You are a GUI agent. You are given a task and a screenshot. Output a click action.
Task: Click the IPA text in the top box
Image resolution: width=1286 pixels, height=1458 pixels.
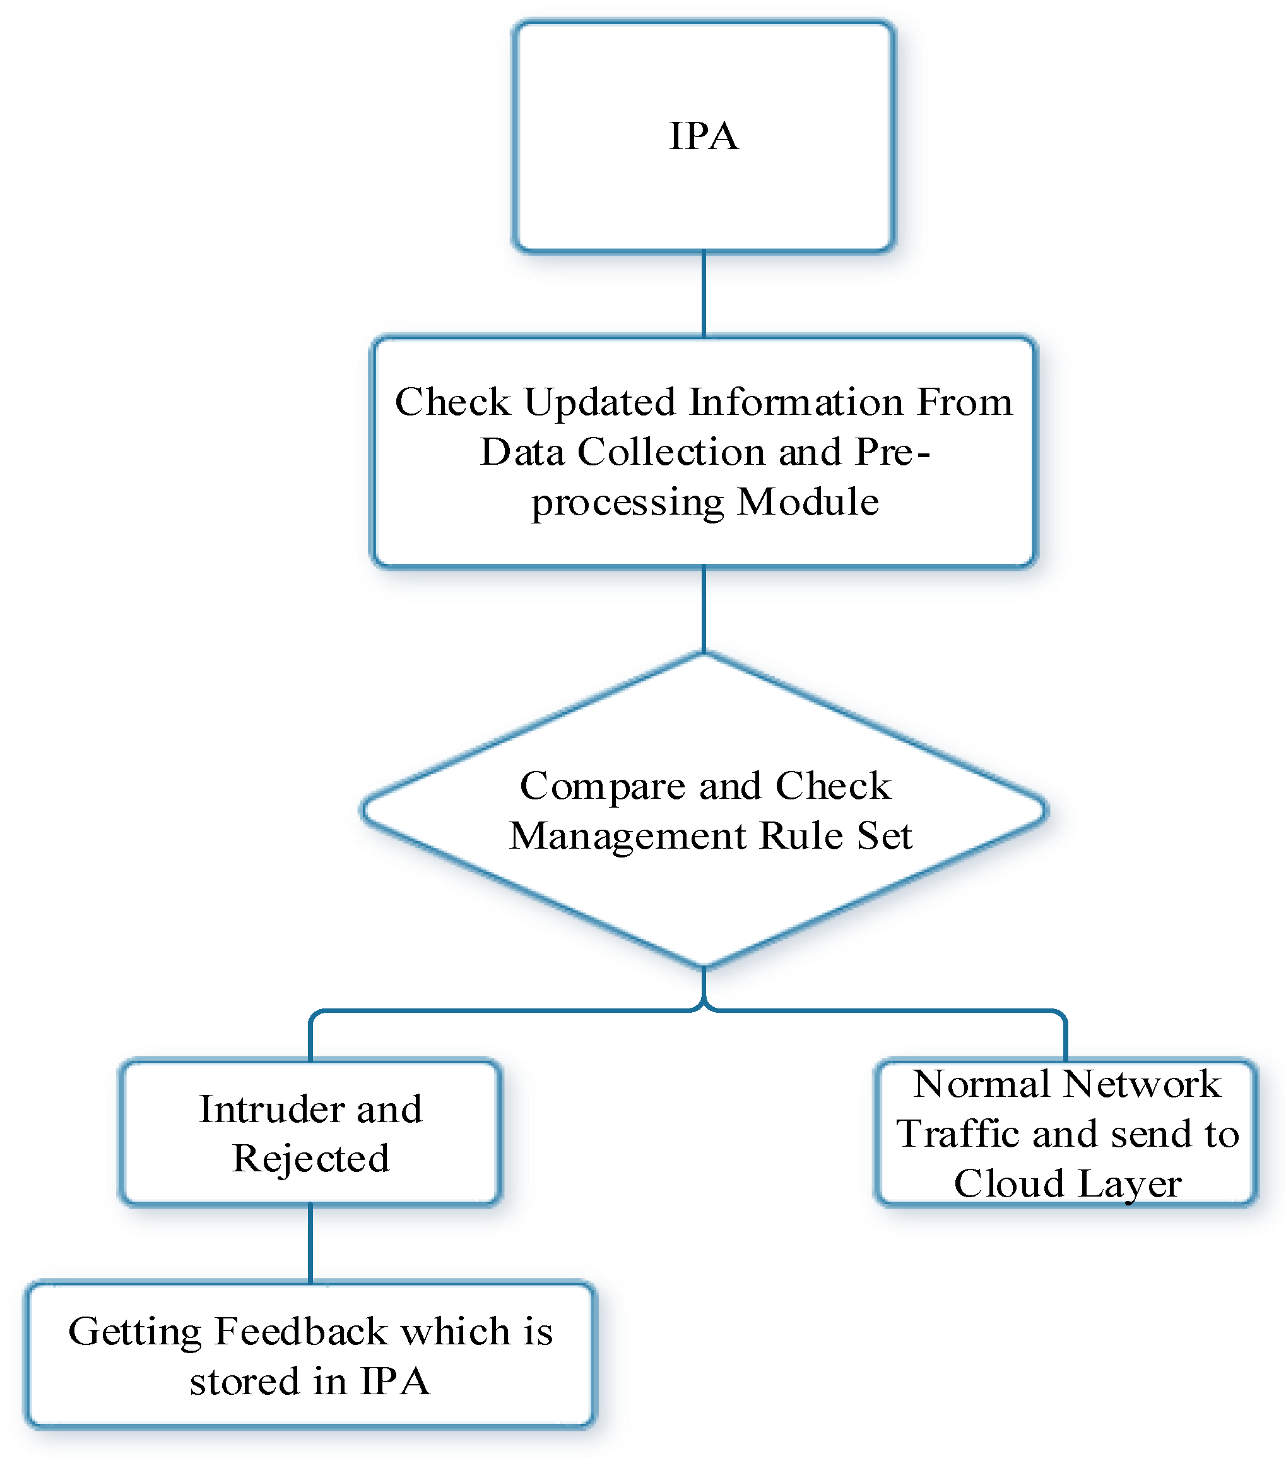[703, 136]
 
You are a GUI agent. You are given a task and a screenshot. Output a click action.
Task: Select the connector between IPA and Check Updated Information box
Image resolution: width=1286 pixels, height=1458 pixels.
[704, 294]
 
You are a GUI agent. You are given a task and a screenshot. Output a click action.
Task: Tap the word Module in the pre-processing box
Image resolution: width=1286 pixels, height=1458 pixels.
[807, 501]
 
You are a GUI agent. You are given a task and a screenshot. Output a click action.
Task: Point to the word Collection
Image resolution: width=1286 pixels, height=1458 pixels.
[671, 451]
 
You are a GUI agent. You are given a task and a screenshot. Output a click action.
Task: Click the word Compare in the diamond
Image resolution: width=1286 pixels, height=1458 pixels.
[603, 786]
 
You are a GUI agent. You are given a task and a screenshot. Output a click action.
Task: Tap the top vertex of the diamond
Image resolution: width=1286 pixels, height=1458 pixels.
[704, 655]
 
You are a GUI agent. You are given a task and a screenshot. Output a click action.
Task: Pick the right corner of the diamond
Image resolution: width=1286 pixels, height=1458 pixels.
[1044, 810]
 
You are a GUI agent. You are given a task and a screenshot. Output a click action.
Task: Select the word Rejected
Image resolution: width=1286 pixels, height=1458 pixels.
[311, 1159]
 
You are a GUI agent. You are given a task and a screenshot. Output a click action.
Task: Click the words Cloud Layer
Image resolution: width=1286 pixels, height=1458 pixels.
[1067, 1184]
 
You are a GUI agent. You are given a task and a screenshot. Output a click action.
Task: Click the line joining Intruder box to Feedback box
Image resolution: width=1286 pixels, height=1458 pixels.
[311, 1244]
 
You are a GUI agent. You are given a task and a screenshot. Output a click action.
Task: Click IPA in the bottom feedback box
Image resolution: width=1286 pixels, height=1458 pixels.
[395, 1382]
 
